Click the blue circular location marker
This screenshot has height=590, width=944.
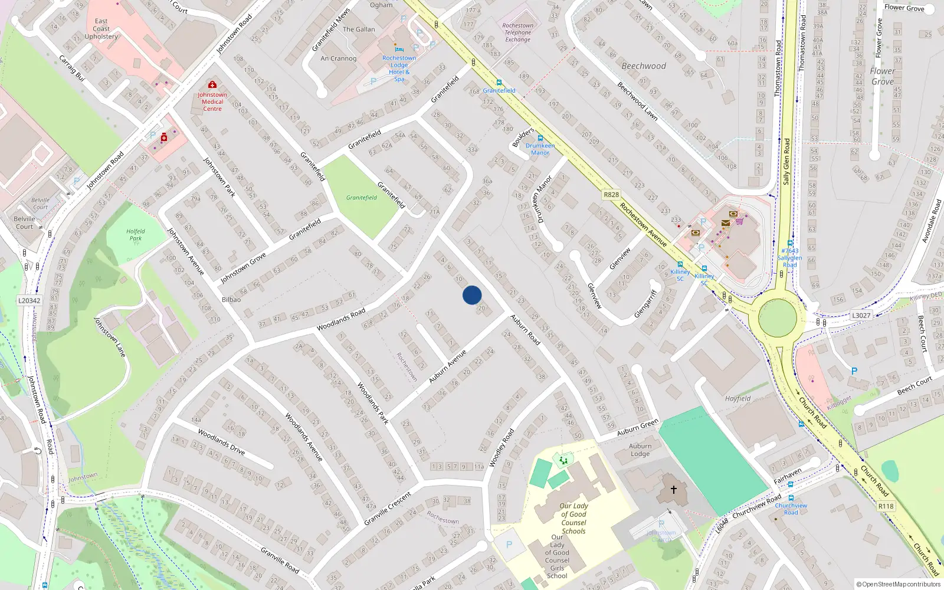click(x=472, y=295)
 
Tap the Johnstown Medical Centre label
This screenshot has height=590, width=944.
click(x=212, y=101)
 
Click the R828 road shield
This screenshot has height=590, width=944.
click(x=611, y=195)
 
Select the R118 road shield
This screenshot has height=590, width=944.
click(x=886, y=506)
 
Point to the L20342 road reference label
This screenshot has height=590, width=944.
click(x=29, y=300)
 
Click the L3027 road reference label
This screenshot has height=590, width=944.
click(x=861, y=316)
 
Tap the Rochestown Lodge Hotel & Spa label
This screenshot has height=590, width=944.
click(x=399, y=68)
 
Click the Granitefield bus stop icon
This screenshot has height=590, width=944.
click(x=499, y=83)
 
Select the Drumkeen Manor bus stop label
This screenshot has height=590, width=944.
click(x=540, y=149)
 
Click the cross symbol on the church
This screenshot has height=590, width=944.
click(x=673, y=489)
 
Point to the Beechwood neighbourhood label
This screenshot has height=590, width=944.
click(x=644, y=66)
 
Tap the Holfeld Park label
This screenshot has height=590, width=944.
click(x=136, y=235)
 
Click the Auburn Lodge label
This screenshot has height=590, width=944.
click(x=640, y=450)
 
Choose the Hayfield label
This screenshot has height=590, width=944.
click(x=737, y=398)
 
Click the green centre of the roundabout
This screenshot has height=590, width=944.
click(x=777, y=317)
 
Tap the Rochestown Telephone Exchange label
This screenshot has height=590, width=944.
click(x=517, y=32)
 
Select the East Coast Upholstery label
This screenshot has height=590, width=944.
click(x=101, y=29)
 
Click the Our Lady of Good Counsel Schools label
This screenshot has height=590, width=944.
click(x=573, y=518)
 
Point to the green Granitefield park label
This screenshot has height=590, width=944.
click(x=362, y=198)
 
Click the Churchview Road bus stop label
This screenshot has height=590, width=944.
click(x=791, y=509)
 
